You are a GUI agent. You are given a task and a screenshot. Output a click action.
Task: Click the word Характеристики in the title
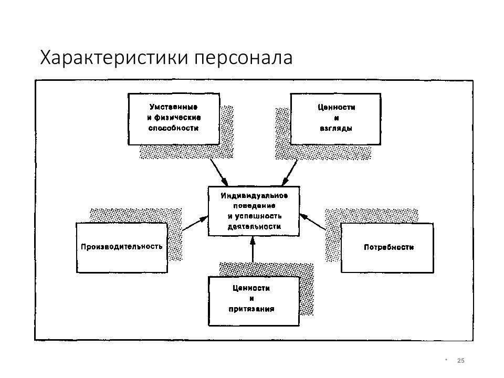coord(114,58)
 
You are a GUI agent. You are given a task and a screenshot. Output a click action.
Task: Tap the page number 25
coord(460,360)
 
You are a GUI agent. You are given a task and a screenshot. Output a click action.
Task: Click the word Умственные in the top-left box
coord(174,107)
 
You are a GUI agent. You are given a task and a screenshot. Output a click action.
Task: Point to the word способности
coord(174,128)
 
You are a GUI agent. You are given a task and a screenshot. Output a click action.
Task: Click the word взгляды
coord(336,128)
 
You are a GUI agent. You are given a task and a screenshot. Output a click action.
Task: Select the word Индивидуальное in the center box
coord(254,196)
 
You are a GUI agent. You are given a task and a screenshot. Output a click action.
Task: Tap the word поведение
coord(254,206)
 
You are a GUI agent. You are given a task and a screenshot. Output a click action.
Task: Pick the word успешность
coord(258,216)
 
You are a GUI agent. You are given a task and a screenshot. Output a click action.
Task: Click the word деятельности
coord(254,226)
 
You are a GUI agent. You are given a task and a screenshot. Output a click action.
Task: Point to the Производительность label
coord(121,247)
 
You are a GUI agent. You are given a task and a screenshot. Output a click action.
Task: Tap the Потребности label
coord(388,247)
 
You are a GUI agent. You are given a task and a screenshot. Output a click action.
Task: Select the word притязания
coord(251,309)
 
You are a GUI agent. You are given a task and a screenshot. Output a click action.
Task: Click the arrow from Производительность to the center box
coord(195,223)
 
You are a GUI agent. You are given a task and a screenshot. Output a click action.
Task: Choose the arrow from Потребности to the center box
coord(313,222)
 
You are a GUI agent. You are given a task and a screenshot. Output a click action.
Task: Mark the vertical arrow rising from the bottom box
coord(253,249)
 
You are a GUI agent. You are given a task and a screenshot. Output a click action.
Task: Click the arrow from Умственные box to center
coord(219,173)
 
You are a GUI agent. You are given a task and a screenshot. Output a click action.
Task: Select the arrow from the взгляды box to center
coord(289,173)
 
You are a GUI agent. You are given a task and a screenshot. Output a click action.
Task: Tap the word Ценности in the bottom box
coord(251,288)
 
